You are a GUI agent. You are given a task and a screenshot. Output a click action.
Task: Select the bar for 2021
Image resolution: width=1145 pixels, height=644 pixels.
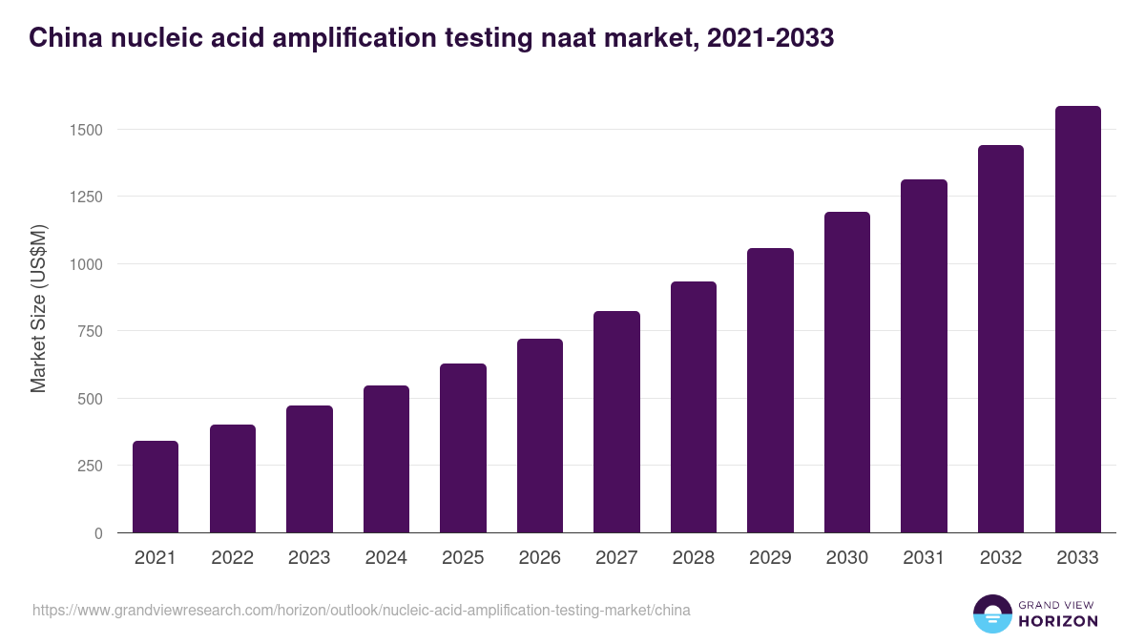click(156, 487)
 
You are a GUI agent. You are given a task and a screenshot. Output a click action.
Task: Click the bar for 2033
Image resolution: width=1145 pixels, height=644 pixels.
click(1077, 320)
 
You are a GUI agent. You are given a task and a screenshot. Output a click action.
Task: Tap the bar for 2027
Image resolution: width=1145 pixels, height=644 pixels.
click(616, 422)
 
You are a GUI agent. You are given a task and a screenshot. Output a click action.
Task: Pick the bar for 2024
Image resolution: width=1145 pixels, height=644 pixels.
click(386, 459)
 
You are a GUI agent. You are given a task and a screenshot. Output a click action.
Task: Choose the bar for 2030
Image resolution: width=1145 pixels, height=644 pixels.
click(847, 372)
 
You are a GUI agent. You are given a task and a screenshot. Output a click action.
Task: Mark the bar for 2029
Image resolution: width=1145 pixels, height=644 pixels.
click(770, 390)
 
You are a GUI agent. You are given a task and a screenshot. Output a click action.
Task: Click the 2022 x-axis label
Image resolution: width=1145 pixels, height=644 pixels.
click(232, 558)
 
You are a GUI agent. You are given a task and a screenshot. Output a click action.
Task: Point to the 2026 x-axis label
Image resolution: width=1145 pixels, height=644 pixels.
click(539, 558)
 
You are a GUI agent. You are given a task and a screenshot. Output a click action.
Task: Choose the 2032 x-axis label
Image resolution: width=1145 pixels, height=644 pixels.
click(1000, 558)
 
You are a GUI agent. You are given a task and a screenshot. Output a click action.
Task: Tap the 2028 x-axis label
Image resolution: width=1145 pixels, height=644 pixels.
click(693, 558)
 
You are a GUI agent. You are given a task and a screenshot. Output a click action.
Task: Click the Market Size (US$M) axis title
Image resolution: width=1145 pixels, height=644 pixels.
click(38, 308)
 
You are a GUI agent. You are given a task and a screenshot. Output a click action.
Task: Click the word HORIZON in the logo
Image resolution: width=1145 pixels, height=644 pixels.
click(1057, 621)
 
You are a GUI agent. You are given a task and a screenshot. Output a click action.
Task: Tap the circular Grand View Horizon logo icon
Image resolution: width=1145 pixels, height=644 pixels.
click(992, 613)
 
